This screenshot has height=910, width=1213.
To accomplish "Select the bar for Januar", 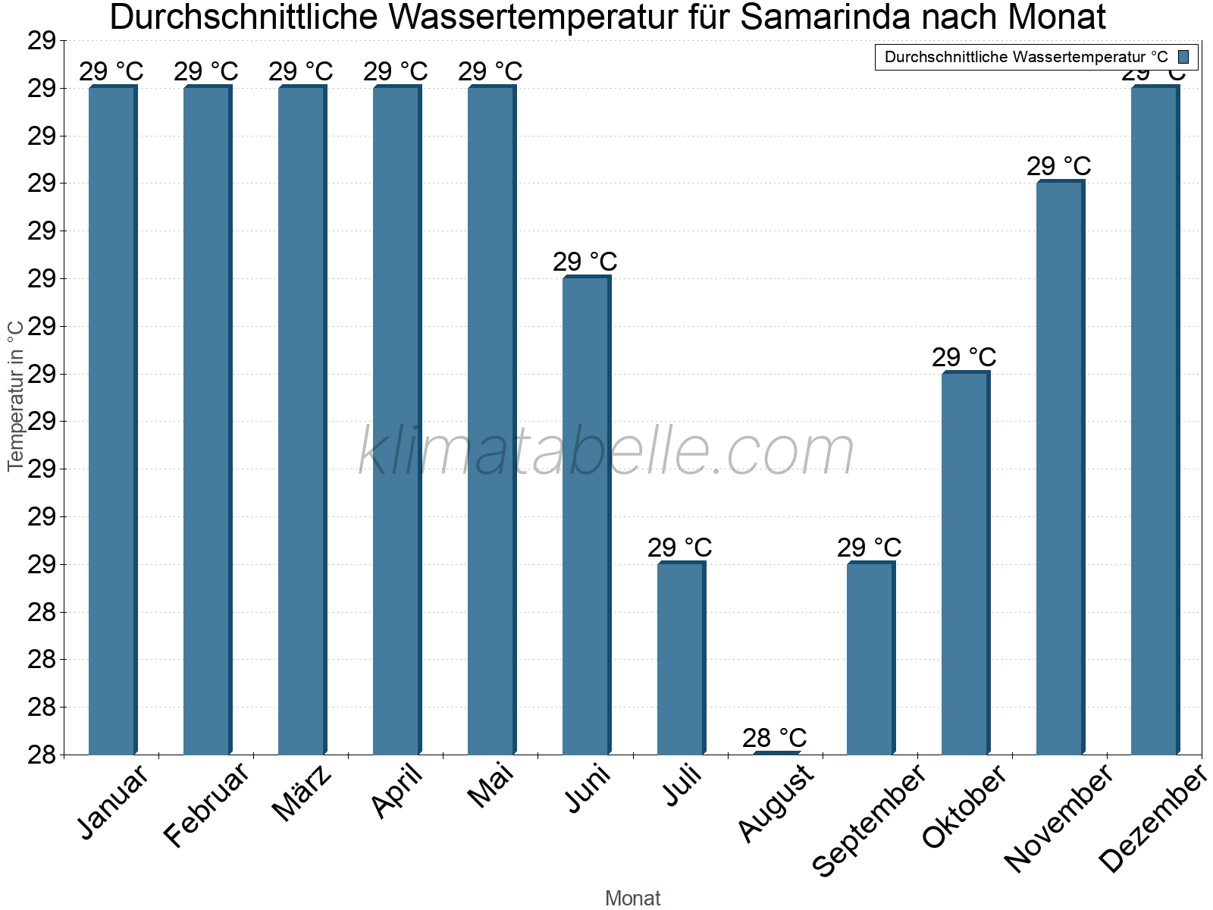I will pyautogui.click(x=112, y=421).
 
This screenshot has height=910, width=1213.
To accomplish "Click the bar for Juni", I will pyautogui.click(x=586, y=516).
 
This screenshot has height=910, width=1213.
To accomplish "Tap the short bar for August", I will pyautogui.click(x=776, y=752).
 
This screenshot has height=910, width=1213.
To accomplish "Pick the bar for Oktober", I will pyautogui.click(x=965, y=563).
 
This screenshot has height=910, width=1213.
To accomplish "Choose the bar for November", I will pyautogui.click(x=1060, y=468).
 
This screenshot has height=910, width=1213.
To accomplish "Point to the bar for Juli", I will pyautogui.click(x=681, y=658).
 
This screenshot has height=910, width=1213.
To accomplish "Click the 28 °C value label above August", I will pyautogui.click(x=774, y=737).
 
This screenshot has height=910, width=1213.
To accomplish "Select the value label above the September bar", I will pyautogui.click(x=869, y=547).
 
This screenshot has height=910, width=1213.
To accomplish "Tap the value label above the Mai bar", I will pyautogui.click(x=490, y=71).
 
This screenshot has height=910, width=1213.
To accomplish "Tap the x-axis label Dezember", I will pyautogui.click(x=1153, y=819).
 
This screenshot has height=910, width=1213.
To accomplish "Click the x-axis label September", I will pyautogui.click(x=869, y=821).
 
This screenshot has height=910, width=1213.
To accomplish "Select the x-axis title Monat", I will pyautogui.click(x=633, y=898).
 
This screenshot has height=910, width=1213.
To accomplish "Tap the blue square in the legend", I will pyautogui.click(x=1183, y=57).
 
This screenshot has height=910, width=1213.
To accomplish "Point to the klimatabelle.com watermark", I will pyautogui.click(x=606, y=452).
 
